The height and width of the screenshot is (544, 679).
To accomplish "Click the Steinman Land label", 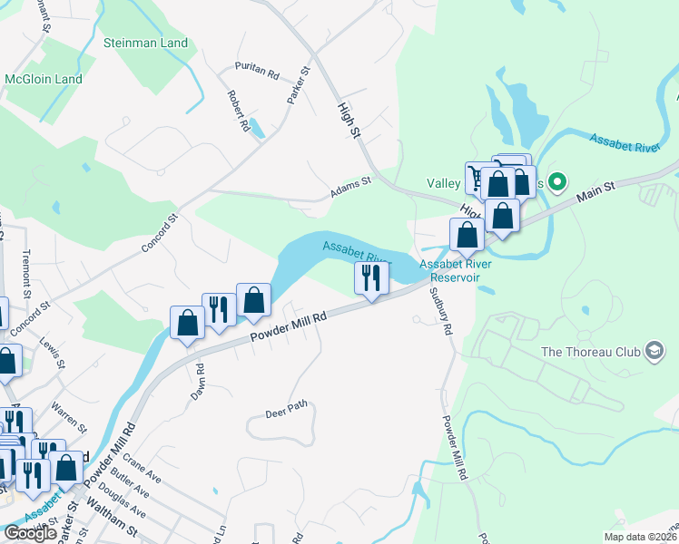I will click(145, 43).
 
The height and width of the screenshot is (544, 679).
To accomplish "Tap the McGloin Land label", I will click(44, 79).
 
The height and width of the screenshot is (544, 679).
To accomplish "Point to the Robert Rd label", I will click(239, 111).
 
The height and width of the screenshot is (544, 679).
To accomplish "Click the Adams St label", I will click(350, 187).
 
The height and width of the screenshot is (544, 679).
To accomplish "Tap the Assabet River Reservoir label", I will click(455, 270).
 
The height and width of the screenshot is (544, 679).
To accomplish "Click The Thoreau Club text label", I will click(590, 352).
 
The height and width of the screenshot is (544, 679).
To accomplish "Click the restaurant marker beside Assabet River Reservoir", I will click(370, 277).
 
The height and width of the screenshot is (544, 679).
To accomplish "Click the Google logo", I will click(29, 533).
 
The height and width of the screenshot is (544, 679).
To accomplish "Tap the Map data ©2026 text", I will click(641, 537).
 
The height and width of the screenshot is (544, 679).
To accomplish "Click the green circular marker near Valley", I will click(558, 183).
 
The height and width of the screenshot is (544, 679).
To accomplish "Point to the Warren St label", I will click(69, 415).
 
